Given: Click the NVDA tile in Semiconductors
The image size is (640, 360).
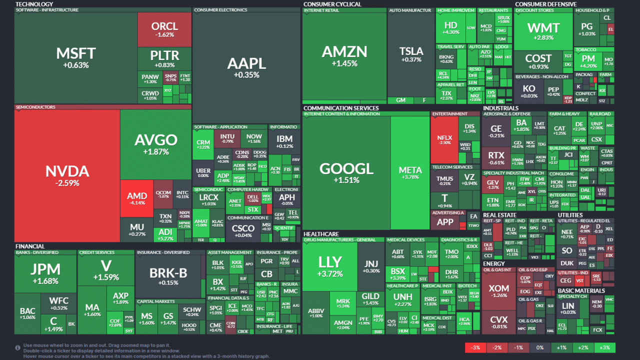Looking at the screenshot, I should coord(67,175).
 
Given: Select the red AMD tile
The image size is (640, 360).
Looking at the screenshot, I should coord(137,199).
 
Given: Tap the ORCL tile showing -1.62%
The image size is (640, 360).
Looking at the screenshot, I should coord(164,29).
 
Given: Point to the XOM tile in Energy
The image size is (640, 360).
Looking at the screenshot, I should coord(498,291).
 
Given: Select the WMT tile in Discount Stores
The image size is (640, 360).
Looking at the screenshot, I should coord(543,31).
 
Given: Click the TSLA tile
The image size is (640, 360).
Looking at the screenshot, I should coord(411,54).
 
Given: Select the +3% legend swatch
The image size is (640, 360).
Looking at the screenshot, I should coord(604,347).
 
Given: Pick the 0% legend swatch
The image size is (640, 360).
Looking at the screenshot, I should coord(539,347).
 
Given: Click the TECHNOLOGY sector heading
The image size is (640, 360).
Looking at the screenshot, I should coord(34,4).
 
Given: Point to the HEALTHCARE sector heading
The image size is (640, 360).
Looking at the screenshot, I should coord(321,234).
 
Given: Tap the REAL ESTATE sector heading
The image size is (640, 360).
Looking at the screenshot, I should coord(499,215).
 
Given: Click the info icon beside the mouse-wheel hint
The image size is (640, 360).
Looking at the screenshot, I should coord(17,347).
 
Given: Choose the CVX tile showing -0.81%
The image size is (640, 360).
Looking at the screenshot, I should coord(498,322).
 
